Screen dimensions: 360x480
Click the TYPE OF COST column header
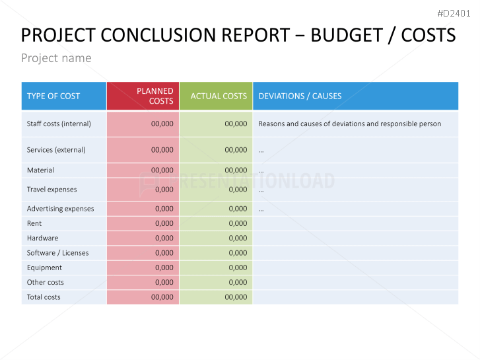click(x=53, y=96)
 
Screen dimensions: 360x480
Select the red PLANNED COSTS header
click(x=155, y=96)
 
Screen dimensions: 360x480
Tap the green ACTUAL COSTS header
click(x=219, y=96)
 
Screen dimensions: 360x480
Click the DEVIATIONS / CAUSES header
click(x=300, y=96)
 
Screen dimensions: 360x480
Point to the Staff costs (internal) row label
click(x=59, y=124)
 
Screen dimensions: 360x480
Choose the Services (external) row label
click(x=56, y=150)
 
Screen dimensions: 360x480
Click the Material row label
click(x=40, y=170)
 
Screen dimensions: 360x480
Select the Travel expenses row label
click(x=51, y=190)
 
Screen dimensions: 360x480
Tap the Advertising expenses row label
click(x=60, y=209)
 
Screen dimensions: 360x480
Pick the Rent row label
click(x=34, y=223)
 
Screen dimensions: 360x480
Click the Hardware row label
click(x=42, y=238)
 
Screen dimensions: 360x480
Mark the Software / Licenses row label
click(x=57, y=253)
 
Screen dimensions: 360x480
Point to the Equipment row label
click(x=44, y=268)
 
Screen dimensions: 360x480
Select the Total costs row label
click(x=44, y=297)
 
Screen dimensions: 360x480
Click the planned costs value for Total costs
click(x=162, y=297)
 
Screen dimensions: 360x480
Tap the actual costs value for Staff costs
click(x=236, y=124)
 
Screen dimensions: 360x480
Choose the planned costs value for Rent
click(x=164, y=223)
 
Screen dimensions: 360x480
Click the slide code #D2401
click(x=454, y=13)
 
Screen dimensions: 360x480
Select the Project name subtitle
click(x=56, y=58)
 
